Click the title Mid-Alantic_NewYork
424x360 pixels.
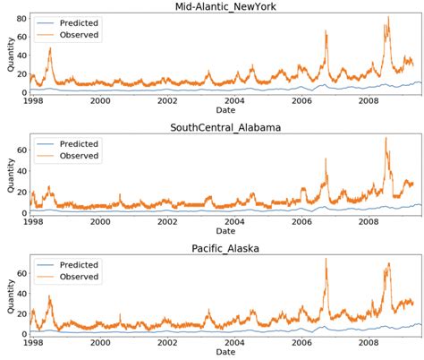[x=226, y=8]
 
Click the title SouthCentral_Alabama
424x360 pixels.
[x=226, y=127]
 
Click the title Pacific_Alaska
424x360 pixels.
[x=226, y=247]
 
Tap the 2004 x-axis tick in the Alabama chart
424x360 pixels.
[x=233, y=221]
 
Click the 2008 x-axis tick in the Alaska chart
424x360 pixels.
[x=365, y=342]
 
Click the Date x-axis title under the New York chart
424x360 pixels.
[x=226, y=111]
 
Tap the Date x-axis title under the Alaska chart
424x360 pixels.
[x=226, y=353]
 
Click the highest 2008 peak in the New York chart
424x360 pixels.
[x=388, y=18]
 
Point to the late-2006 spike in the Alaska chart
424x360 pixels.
[x=326, y=260]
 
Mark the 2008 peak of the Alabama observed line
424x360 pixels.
[x=386, y=138]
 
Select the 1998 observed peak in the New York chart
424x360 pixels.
[x=49, y=48]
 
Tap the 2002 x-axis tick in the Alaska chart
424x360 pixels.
[x=167, y=342]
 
